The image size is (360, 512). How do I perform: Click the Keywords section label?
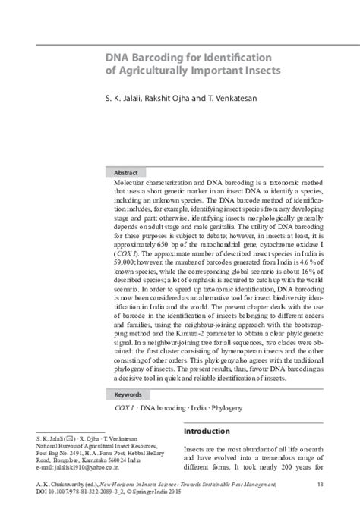tap(128, 395)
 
